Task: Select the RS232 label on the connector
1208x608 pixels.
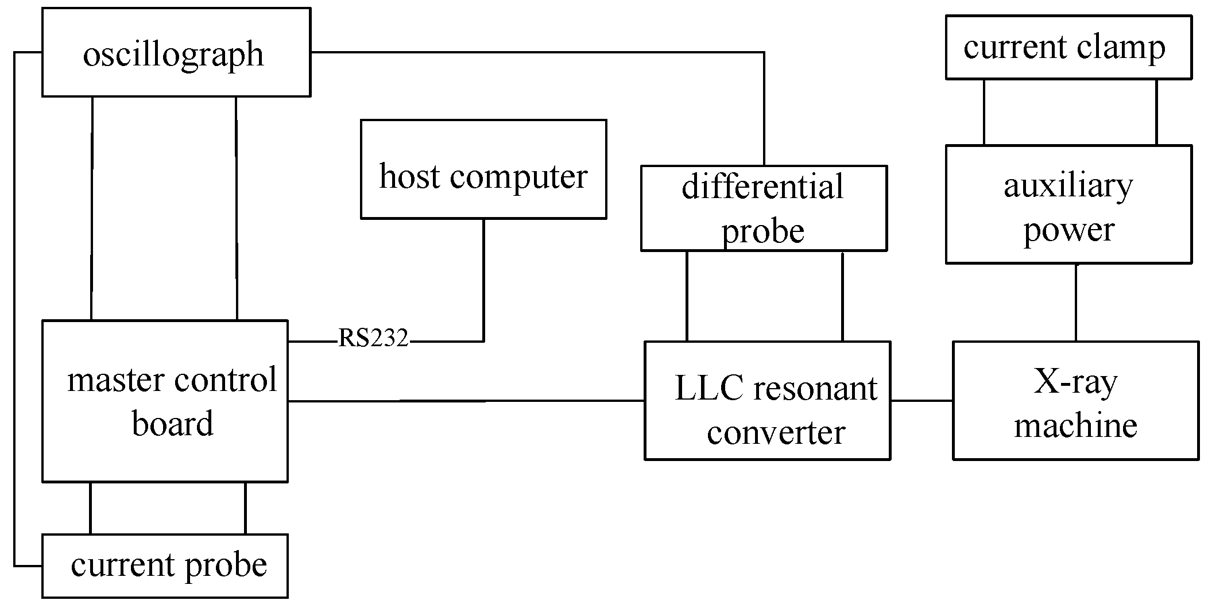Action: tap(373, 338)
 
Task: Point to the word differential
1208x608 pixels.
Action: tap(762, 187)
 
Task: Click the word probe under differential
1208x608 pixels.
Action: tap(762, 231)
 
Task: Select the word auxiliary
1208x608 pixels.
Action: tap(1068, 186)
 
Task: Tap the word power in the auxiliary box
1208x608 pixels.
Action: tap(1068, 230)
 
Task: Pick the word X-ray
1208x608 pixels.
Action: tap(1075, 382)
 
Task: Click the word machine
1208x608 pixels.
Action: tap(1075, 425)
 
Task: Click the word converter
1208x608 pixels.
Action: tap(776, 432)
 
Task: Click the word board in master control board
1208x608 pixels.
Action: tap(172, 424)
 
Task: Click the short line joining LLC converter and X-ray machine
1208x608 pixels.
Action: tap(922, 401)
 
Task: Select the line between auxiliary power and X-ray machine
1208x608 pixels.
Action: tap(1075, 303)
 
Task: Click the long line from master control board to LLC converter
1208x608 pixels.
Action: tap(465, 401)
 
